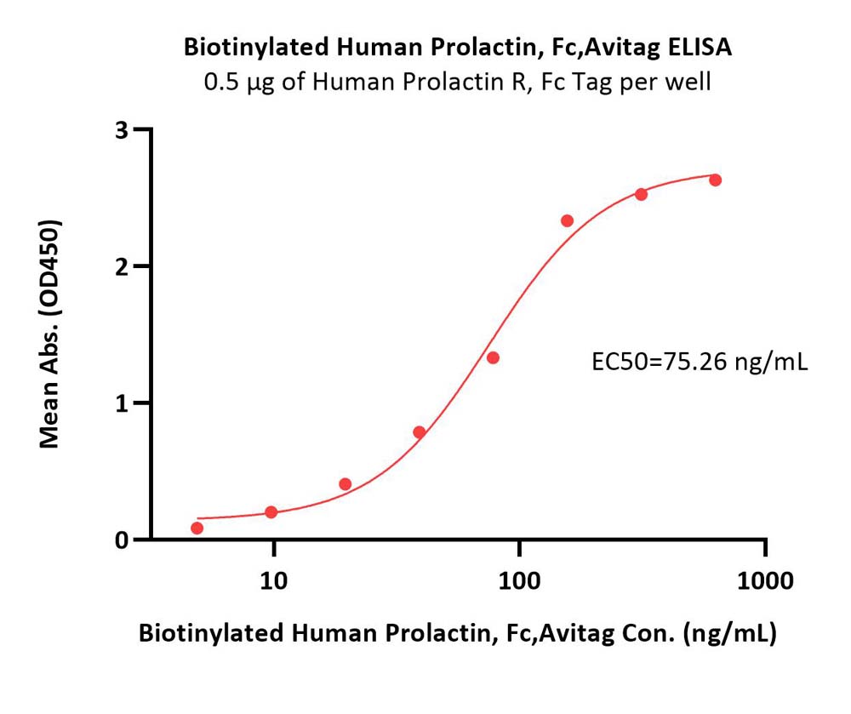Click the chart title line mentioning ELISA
tap(457, 48)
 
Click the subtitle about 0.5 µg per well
tap(457, 83)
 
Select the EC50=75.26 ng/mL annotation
tap(700, 363)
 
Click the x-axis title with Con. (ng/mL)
tap(457, 634)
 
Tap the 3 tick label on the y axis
tap(122, 130)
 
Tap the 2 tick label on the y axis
tap(122, 266)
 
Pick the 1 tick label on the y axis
tap(122, 403)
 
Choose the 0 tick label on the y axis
tap(122, 540)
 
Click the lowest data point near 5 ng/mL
tap(197, 528)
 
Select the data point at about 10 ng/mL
tap(271, 512)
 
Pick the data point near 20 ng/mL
tap(346, 484)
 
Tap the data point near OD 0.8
tap(420, 432)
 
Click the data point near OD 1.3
tap(493, 357)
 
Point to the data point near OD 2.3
tap(568, 221)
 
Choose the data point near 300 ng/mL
tap(642, 194)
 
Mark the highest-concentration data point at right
tap(716, 180)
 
